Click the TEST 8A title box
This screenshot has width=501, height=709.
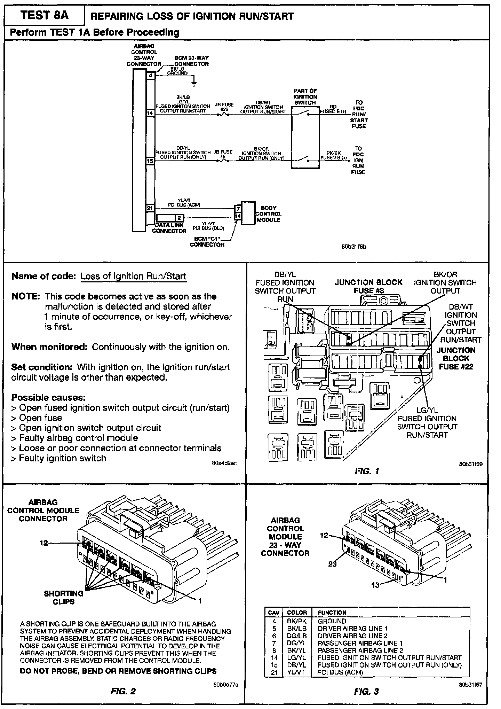45,16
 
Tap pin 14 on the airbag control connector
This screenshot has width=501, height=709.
150,113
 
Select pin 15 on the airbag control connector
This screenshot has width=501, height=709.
150,161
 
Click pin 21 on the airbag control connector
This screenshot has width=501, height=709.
150,208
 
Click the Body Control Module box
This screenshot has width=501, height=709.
248,213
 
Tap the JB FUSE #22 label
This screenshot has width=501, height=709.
224,107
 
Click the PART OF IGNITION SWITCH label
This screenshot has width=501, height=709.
305,97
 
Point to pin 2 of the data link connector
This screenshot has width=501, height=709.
179,218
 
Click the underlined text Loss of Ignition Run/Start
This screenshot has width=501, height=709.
134,276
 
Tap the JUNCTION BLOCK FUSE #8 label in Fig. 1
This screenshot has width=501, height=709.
368,287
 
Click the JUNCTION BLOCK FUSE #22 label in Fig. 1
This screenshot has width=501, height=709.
456,358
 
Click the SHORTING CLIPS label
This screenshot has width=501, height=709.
64,598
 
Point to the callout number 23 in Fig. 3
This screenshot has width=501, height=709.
333,564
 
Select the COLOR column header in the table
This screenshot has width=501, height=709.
297,613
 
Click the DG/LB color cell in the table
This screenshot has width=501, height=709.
297,636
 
